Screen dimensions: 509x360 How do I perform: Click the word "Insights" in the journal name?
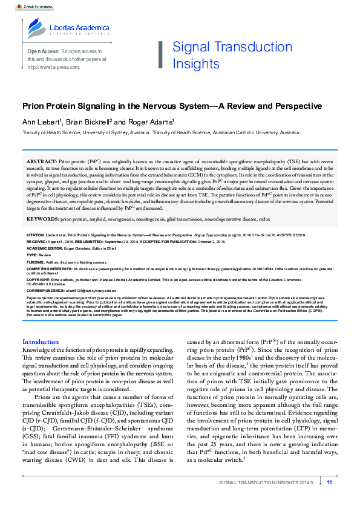[195, 63]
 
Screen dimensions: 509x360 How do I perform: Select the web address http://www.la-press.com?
[54, 67]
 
